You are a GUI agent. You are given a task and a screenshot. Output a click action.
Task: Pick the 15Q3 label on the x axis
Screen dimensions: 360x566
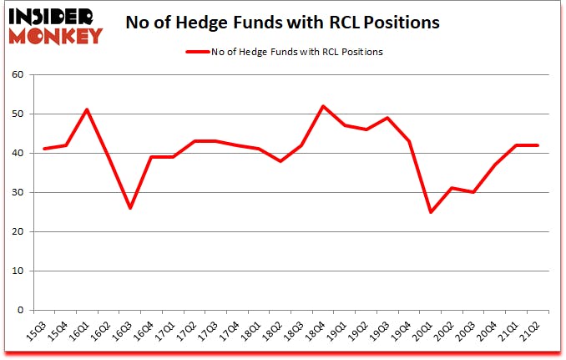point(37,330)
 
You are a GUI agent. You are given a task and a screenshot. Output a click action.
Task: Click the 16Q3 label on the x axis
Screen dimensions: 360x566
point(124,330)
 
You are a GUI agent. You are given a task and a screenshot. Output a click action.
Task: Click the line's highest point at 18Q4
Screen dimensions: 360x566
point(323,106)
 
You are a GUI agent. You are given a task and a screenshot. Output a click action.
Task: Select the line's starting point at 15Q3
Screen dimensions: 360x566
point(44,149)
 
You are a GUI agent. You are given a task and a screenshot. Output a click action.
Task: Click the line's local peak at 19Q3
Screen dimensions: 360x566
point(388,118)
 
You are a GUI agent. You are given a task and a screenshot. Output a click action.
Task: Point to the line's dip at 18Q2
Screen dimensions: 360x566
point(280,160)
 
